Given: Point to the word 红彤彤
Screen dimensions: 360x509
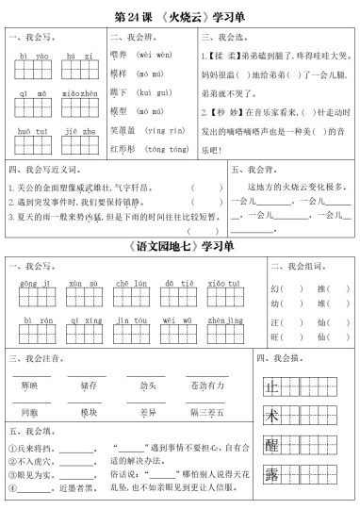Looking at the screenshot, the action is [x=122, y=149].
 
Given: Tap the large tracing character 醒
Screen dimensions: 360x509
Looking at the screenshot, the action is [x=271, y=445].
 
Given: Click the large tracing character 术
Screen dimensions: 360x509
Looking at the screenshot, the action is [x=271, y=415].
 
